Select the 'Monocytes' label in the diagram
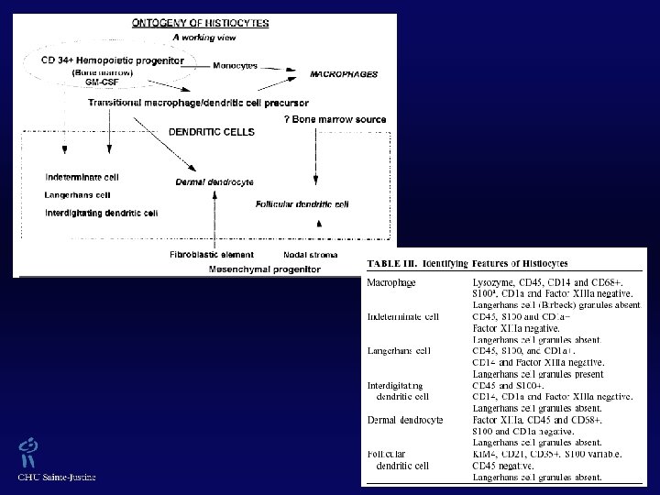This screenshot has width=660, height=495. [234, 65]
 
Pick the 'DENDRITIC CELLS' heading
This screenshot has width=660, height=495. [212, 131]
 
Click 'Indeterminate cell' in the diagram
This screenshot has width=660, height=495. [82, 176]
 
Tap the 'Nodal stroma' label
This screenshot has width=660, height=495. [312, 254]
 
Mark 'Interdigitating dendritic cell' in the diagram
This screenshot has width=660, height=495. [101, 213]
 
